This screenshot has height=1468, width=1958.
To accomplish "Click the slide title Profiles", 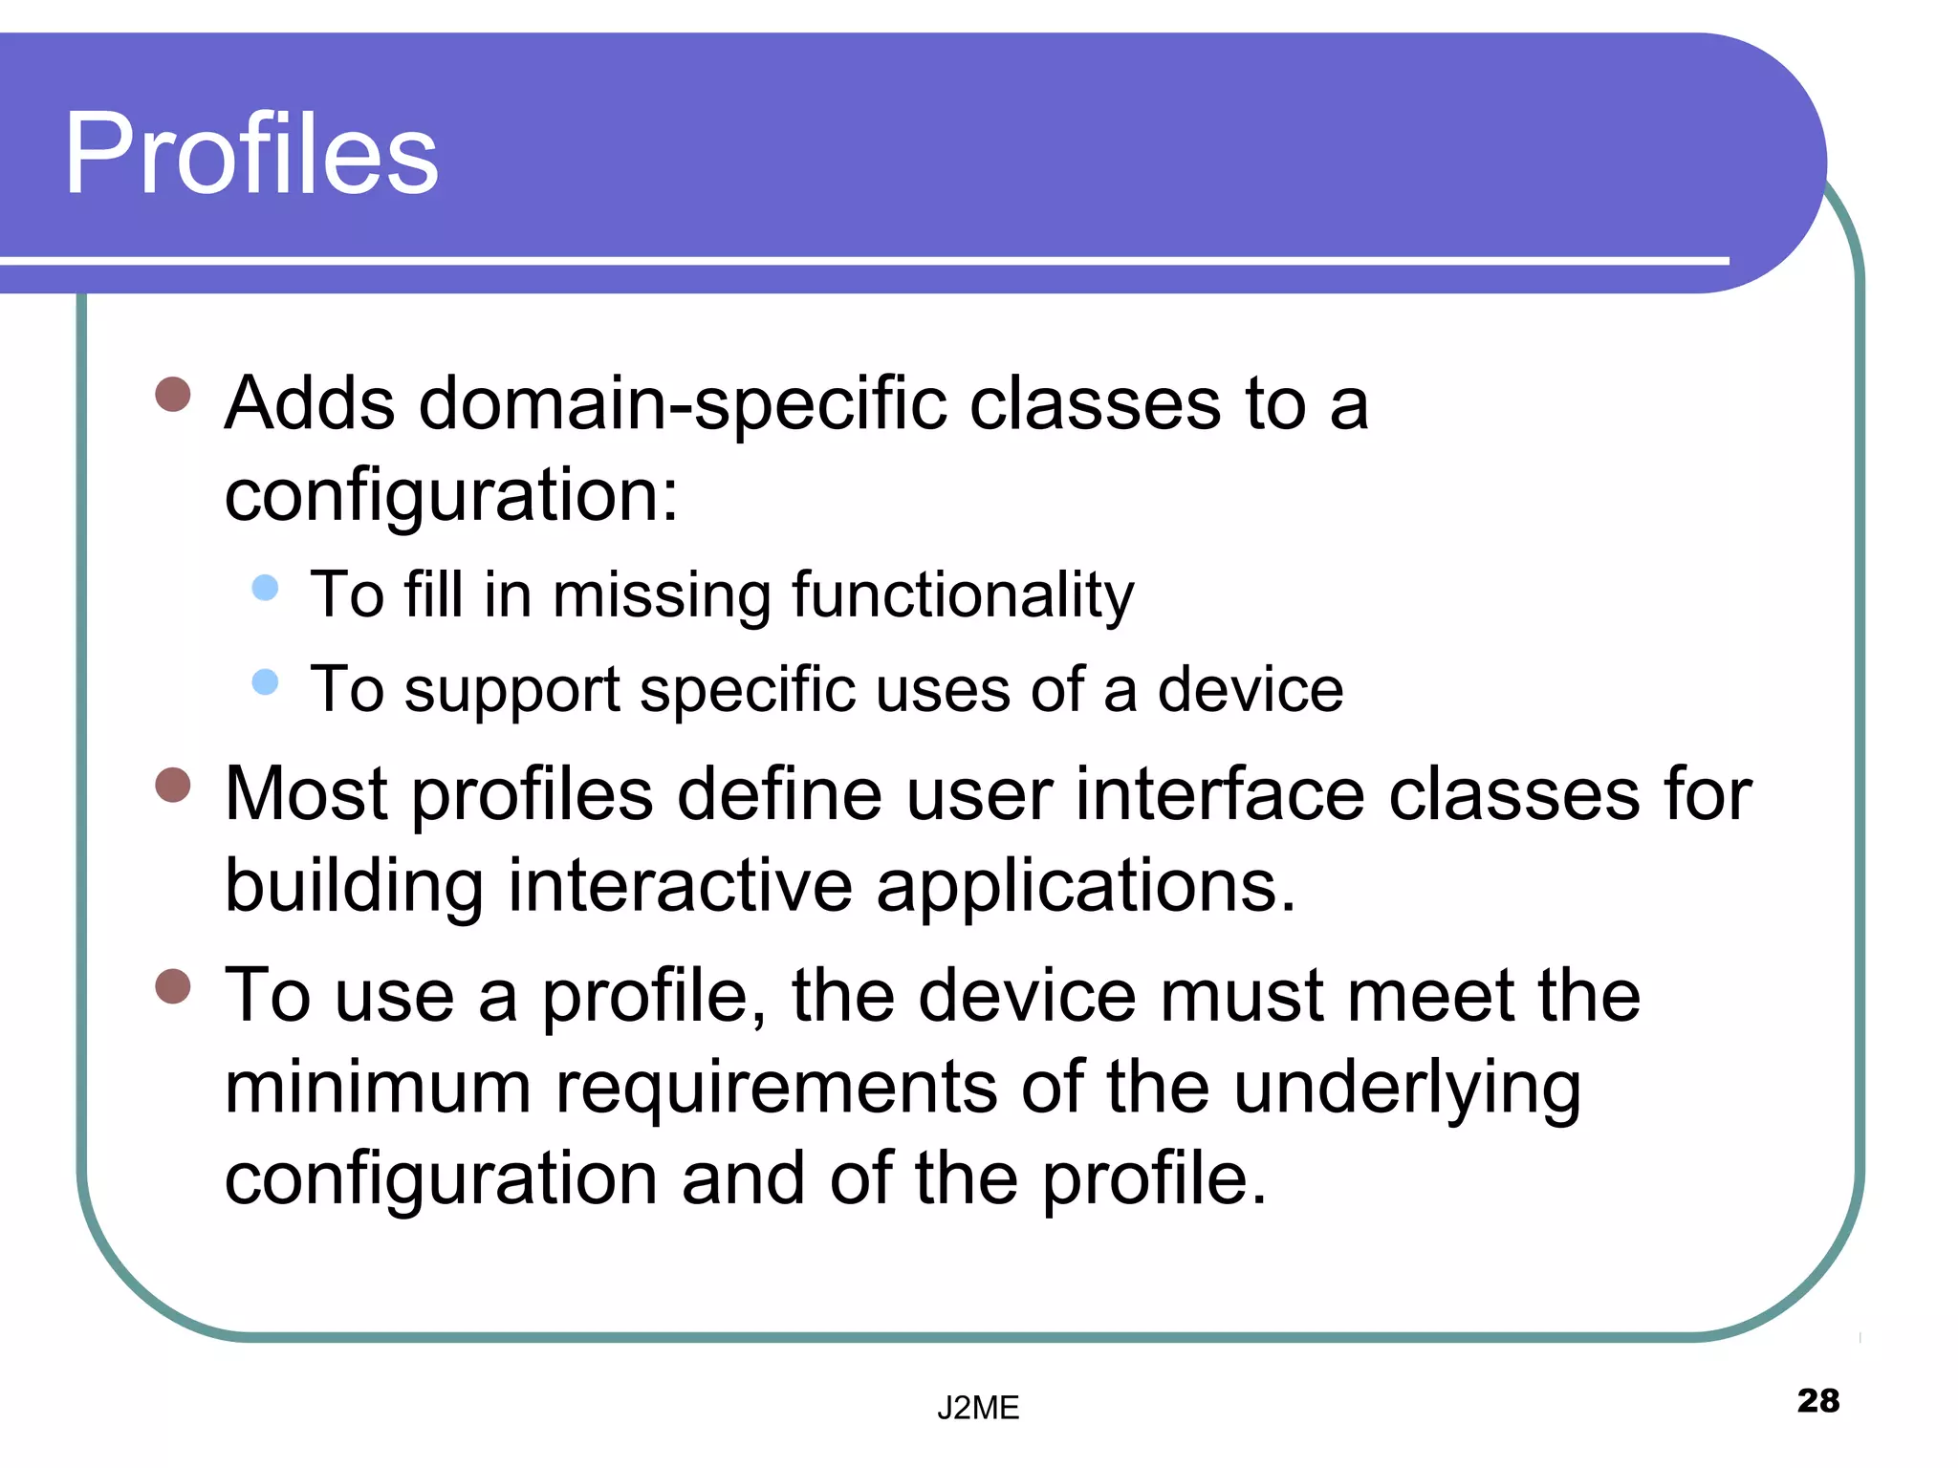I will [250, 153].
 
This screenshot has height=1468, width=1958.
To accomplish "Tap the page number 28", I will [1817, 1400].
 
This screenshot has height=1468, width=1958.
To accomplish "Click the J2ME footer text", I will [977, 1408].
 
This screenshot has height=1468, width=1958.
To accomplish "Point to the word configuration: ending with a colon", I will [450, 496].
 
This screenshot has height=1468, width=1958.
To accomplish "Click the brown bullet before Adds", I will [173, 394].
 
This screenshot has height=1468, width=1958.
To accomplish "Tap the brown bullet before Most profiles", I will [173, 786].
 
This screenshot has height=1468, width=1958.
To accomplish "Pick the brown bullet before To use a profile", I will [173, 986].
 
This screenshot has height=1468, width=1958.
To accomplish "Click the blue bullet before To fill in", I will [265, 587].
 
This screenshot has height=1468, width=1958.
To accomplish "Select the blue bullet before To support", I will [265, 681].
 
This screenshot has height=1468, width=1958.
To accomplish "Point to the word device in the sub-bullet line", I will [1250, 689].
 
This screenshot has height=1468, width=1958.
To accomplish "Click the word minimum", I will [378, 1088].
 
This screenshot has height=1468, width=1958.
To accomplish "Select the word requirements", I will [776, 1090].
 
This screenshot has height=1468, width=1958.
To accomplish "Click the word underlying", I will [1406, 1090].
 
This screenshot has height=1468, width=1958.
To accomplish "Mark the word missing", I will [661, 595].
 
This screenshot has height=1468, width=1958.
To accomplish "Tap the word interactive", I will [680, 885].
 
